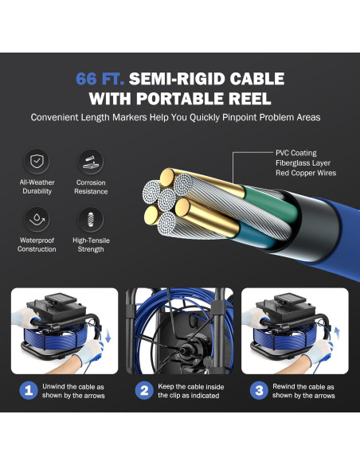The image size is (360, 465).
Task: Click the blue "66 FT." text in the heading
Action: [100, 79]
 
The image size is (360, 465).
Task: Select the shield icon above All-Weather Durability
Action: [37, 162]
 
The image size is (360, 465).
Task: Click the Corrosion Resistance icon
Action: [91, 162]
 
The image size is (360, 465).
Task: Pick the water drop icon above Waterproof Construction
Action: [37, 219]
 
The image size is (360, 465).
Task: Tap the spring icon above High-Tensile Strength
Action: [91, 219]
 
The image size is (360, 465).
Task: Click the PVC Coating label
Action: [296, 153]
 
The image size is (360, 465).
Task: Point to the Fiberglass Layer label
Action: [303, 163]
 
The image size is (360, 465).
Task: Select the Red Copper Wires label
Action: [306, 173]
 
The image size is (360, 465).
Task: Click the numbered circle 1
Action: [29, 390]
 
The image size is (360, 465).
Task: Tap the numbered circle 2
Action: [144, 390]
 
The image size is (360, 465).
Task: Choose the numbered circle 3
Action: [259, 390]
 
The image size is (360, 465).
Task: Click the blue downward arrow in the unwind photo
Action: [108, 336]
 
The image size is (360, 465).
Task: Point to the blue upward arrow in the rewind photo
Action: [337, 333]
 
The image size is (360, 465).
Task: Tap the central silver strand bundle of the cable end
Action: [166, 199]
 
